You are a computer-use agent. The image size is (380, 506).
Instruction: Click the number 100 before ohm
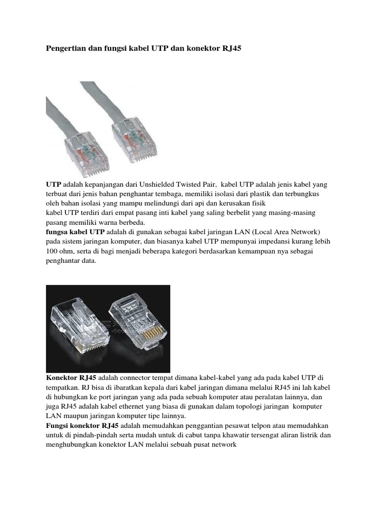(x=52, y=251)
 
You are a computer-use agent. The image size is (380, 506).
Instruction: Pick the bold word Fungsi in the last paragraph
(x=59, y=425)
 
